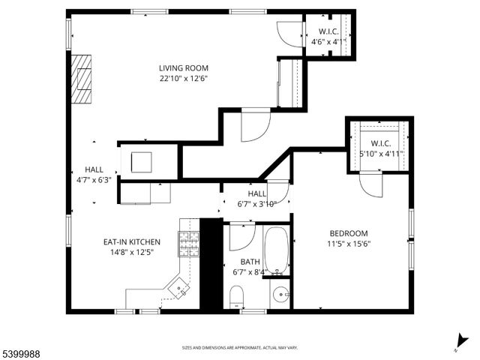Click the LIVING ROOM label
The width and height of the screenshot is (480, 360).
tap(183, 68)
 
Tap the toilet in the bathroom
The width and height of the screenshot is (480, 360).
tap(237, 295)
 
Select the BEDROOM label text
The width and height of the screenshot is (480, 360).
tap(348, 233)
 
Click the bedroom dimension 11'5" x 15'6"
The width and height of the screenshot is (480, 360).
tap(348, 243)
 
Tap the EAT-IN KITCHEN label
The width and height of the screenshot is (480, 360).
tap(132, 242)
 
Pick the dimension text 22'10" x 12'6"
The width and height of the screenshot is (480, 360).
tap(183, 78)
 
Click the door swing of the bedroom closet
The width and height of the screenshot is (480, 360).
tap(370, 184)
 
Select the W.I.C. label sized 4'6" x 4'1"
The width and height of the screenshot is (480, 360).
tap(328, 31)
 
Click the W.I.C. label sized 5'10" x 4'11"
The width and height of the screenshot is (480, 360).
tap(380, 143)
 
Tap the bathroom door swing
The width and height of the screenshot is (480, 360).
tap(241, 237)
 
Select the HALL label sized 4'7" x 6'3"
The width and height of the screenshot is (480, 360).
tap(94, 170)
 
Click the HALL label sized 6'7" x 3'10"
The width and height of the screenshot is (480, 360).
tap(257, 194)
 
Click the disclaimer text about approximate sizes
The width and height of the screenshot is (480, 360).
tap(240, 348)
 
